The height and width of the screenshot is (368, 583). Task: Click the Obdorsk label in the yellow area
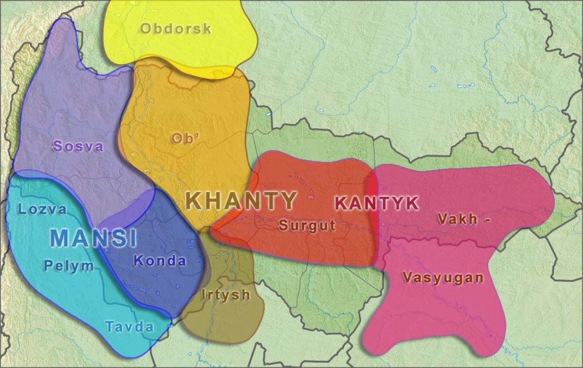click(x=175, y=29)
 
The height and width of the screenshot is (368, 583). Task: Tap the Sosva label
click(x=78, y=146)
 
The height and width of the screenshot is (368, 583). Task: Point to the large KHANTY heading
click(x=241, y=201)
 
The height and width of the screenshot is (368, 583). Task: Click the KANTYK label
click(x=377, y=203)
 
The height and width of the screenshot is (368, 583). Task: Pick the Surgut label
click(x=307, y=225)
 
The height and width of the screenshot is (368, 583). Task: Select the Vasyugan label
click(x=443, y=277)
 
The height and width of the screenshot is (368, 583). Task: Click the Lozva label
click(x=42, y=209)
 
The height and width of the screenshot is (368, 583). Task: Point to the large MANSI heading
click(x=94, y=239)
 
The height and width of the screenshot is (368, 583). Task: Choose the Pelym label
click(x=69, y=266)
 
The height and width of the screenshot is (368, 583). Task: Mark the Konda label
click(x=160, y=261)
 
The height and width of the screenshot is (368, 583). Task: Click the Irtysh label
click(x=225, y=295)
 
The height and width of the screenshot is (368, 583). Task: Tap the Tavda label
click(x=129, y=327)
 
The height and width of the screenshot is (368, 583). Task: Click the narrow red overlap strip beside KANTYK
click(x=372, y=217)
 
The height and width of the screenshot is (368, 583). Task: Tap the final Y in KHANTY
click(x=288, y=201)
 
